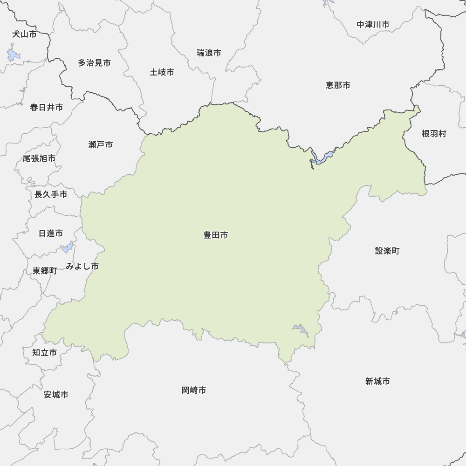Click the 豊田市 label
[x=215, y=235]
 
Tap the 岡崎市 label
[x=194, y=390]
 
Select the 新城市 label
[x=377, y=382]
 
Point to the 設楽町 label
[x=387, y=251]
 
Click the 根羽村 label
[x=434, y=134]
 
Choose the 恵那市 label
[x=338, y=85]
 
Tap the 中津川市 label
[x=373, y=24]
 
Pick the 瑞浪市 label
[x=209, y=53]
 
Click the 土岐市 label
[x=162, y=72]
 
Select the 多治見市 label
[x=94, y=62]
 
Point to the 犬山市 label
[x=24, y=34]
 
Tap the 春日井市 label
[x=47, y=108]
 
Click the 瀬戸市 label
[x=100, y=145]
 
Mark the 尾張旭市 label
[x=39, y=158]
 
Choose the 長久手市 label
[x=51, y=194]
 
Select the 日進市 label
[x=51, y=233]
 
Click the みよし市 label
[x=82, y=267]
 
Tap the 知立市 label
[x=44, y=353]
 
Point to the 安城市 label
[x=56, y=395]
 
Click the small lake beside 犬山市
[x=13, y=55]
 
